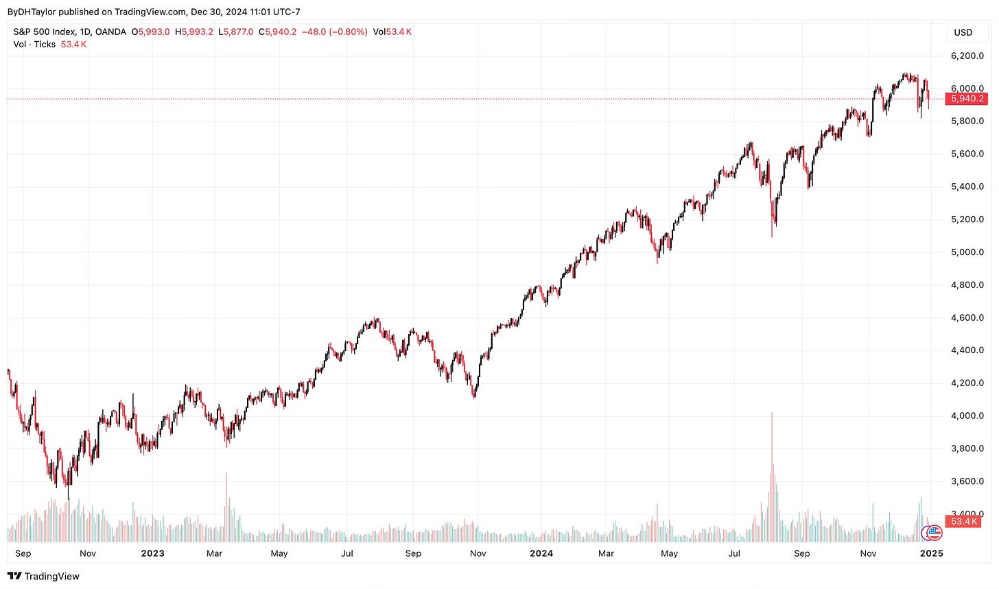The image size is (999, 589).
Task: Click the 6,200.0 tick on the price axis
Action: [967, 56]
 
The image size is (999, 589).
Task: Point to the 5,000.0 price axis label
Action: [967, 252]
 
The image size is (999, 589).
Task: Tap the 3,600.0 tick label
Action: [967, 481]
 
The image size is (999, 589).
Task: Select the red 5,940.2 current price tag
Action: [967, 99]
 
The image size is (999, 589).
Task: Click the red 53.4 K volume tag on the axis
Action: [964, 522]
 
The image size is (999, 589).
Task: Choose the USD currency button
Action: [963, 32]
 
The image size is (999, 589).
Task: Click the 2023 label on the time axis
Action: [152, 553]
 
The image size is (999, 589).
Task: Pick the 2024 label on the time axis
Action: [541, 553]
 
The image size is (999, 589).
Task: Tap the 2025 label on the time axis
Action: [931, 553]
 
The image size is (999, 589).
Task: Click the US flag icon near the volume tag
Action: [935, 531]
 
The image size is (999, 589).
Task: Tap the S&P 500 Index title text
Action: [45, 32]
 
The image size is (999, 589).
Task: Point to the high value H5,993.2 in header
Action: [195, 32]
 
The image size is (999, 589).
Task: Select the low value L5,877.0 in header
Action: [235, 32]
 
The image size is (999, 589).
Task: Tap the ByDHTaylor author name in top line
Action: [31, 12]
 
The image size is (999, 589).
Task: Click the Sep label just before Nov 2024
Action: [801, 553]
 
